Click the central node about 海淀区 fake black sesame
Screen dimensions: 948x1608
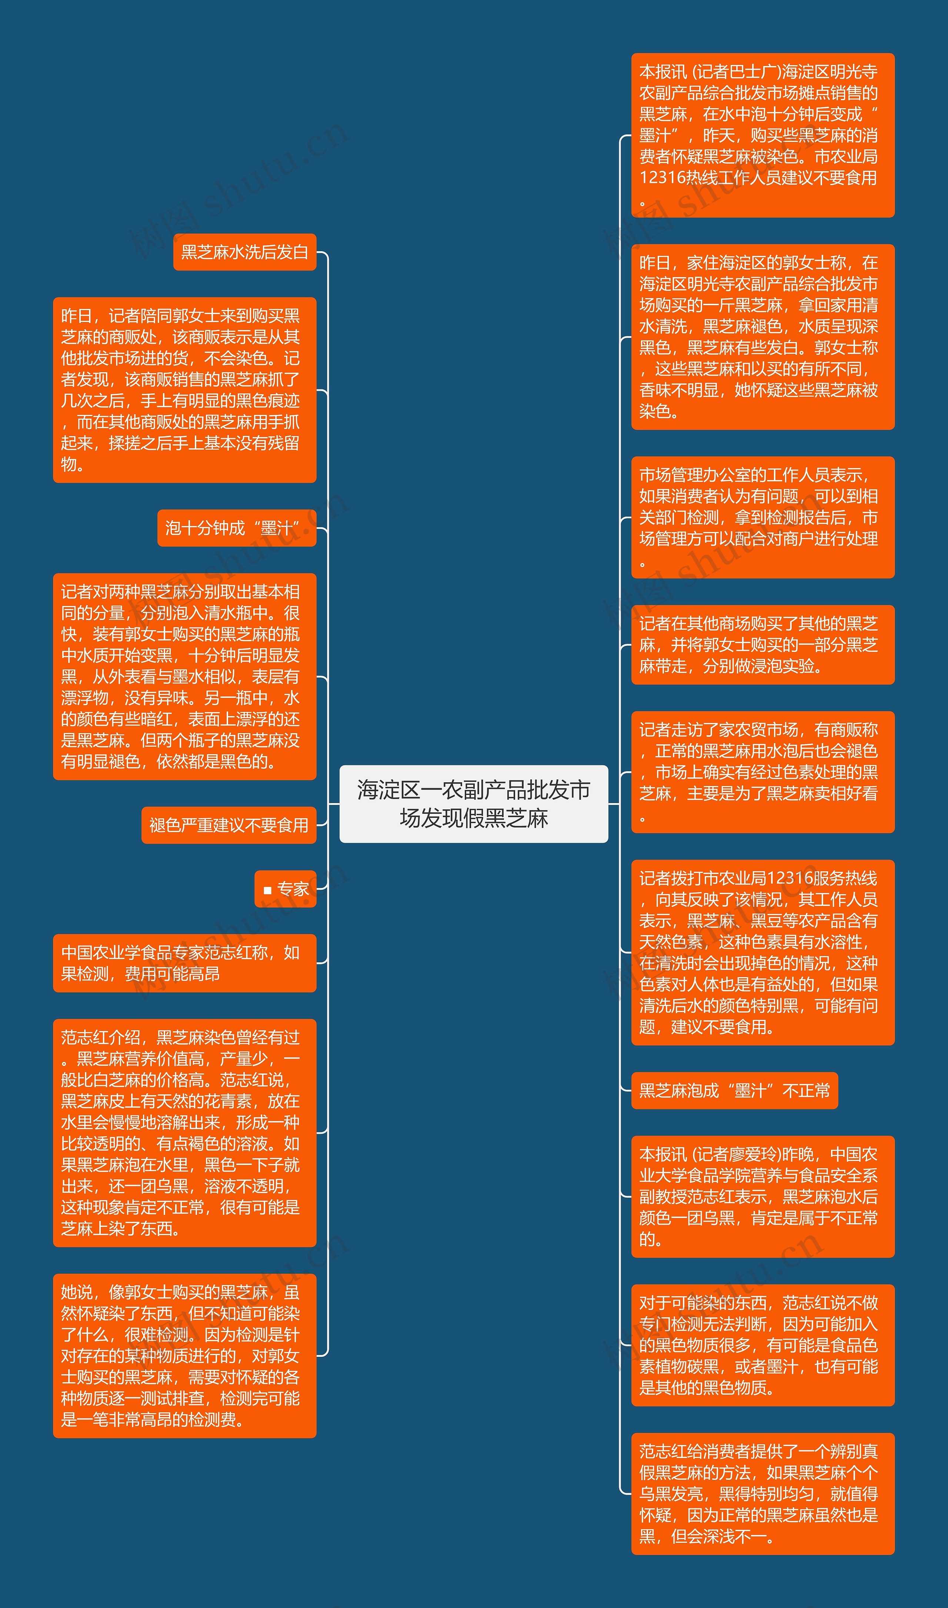473,804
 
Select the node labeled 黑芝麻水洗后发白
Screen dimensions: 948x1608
245,252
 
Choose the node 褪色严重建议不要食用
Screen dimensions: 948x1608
229,825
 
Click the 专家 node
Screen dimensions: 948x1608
286,889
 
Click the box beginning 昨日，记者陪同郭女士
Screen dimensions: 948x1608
185,390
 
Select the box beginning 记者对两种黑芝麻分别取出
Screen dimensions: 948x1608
185,676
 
